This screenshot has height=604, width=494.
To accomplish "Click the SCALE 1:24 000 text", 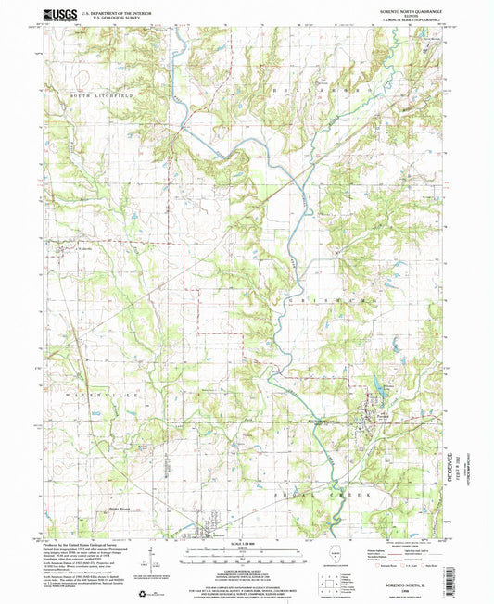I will pos(247,543).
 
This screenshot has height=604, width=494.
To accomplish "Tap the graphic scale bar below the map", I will pos(247,553).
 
